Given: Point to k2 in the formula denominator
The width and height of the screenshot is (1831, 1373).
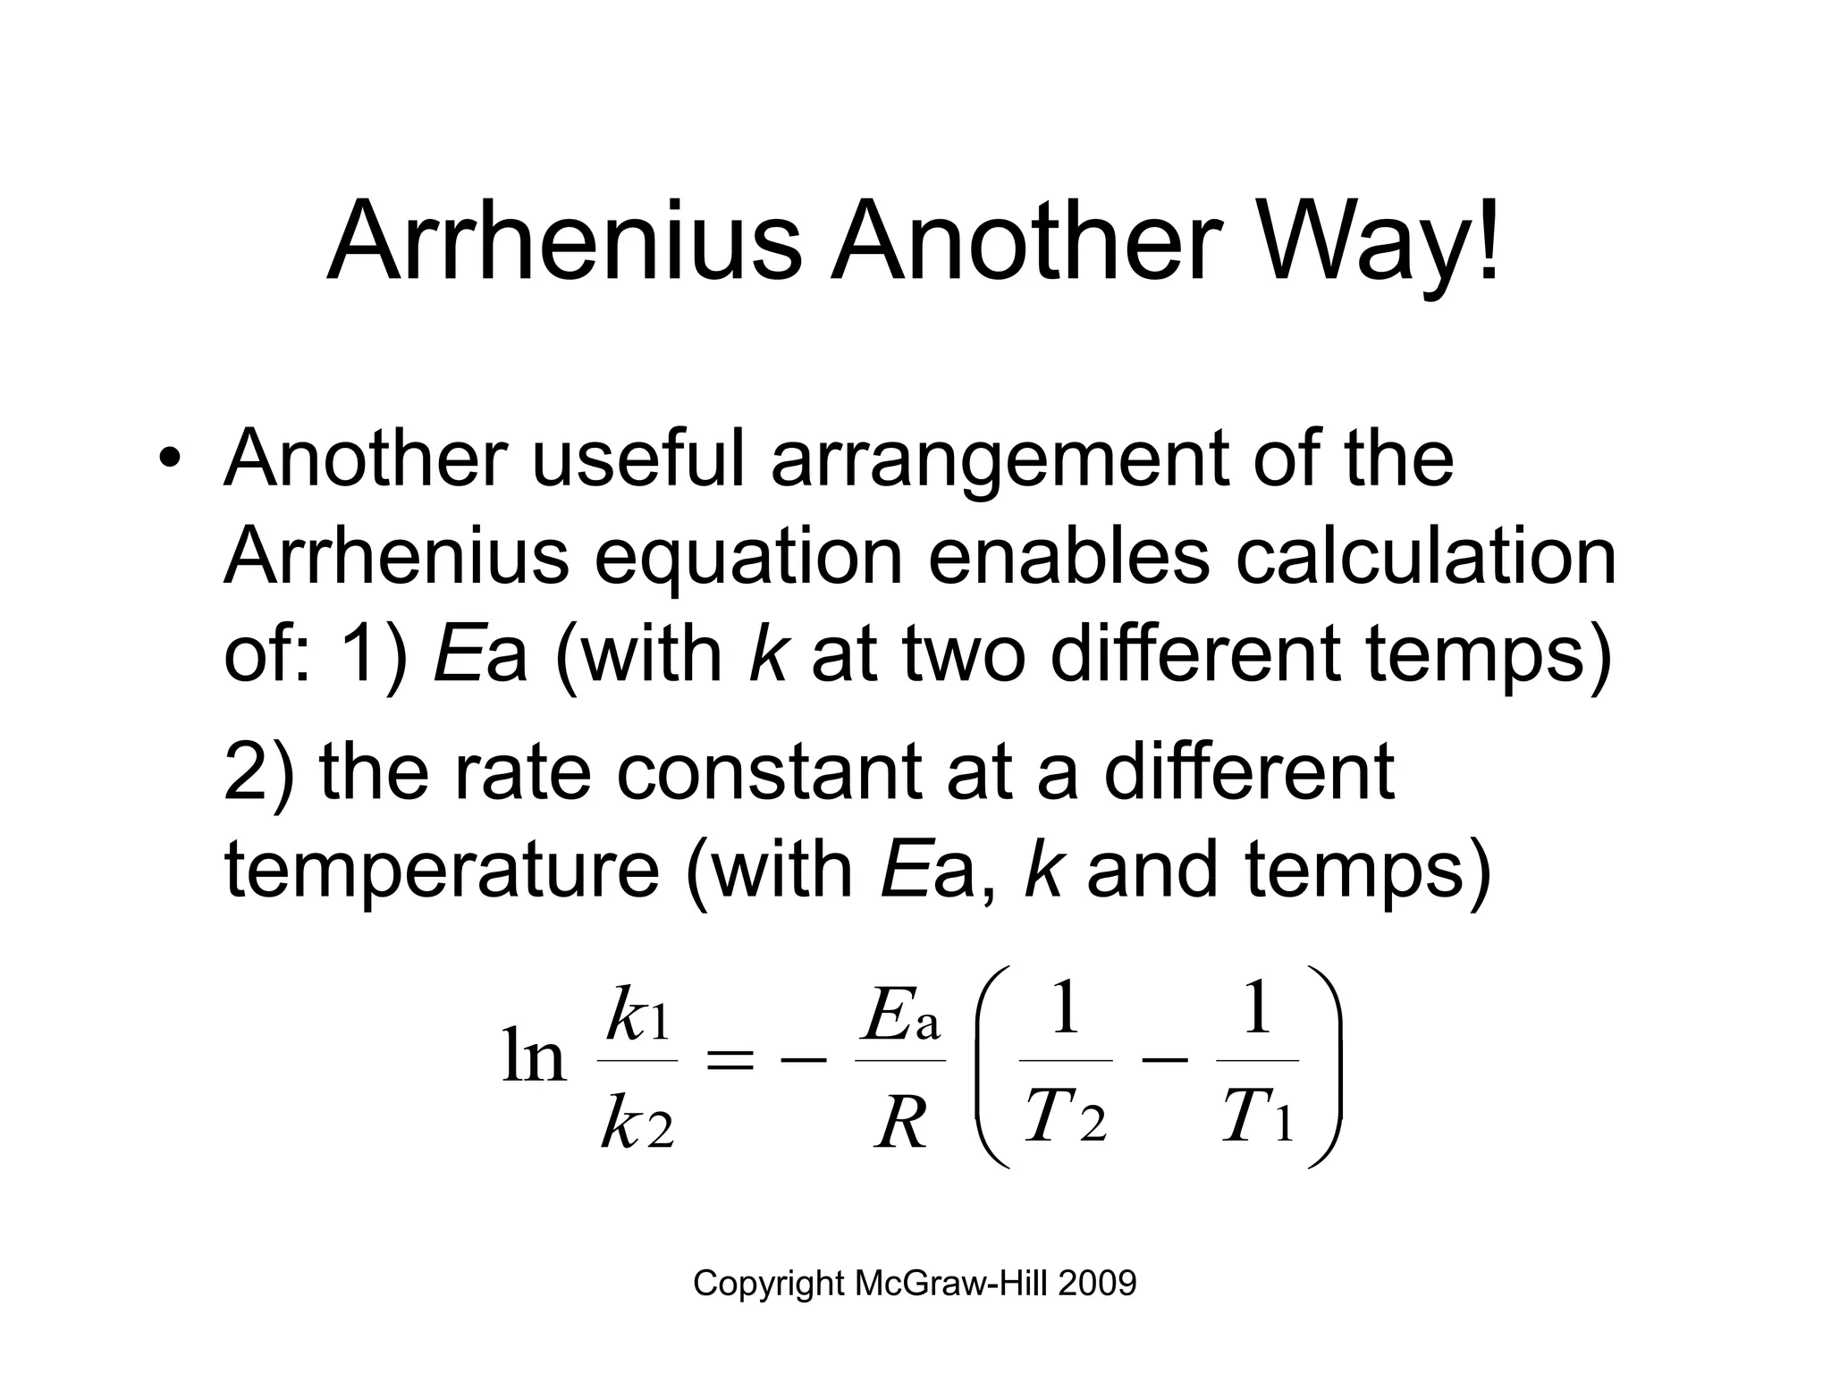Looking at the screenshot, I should [637, 1123].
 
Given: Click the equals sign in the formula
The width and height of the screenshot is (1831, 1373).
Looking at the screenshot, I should [730, 1061].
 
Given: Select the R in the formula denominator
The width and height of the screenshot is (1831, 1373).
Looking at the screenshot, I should [900, 1123].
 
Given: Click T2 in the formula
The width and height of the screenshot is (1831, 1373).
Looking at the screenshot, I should [1065, 1118].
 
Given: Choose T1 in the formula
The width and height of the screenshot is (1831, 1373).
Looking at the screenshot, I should [1257, 1118].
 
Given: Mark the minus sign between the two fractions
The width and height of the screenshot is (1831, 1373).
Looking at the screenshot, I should [1165, 1061].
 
